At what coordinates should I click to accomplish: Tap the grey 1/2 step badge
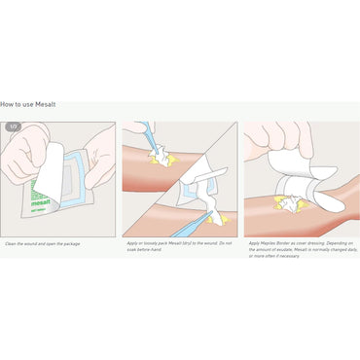coord(14,126)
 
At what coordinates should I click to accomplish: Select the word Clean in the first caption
coord(12,244)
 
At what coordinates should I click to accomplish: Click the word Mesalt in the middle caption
coord(177,243)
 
